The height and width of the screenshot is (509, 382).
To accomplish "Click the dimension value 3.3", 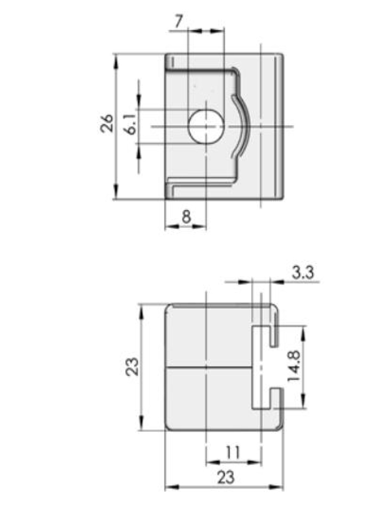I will pyautogui.click(x=302, y=273).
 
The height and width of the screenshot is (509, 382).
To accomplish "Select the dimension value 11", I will pyautogui.click(x=234, y=452).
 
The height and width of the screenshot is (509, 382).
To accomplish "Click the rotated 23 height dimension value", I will pyautogui.click(x=132, y=367).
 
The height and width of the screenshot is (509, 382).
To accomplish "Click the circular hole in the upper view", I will pyautogui.click(x=206, y=126).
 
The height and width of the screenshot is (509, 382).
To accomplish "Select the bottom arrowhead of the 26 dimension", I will pyautogui.click(x=117, y=194).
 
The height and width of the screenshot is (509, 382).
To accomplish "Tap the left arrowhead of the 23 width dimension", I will pyautogui.click(x=169, y=487).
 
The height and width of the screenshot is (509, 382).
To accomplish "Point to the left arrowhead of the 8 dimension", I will pyautogui.click(x=169, y=226).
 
